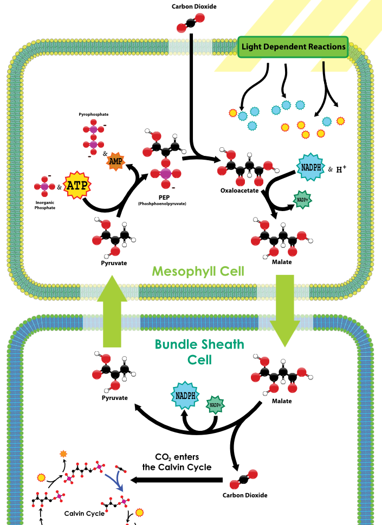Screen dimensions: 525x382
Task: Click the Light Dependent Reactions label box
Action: pos(293,47)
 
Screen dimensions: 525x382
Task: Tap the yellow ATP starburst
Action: pos(77,185)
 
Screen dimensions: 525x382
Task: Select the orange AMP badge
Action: pos(115,161)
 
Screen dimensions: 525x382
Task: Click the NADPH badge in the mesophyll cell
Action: pos(310,167)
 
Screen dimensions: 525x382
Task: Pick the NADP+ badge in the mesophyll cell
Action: pos(302,199)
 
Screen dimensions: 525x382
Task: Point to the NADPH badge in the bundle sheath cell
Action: pos(185,396)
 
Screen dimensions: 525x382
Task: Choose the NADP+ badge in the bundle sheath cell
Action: pos(215,405)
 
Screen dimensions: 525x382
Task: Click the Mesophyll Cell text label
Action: pos(198,271)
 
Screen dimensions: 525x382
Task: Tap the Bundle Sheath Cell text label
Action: pos(199,352)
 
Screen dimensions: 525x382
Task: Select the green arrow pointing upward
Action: pos(112,311)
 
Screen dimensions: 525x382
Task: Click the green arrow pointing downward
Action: pos(285,310)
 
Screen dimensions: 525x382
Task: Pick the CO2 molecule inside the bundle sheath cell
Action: pos(243,480)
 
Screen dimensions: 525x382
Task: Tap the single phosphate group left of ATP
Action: pos(44,186)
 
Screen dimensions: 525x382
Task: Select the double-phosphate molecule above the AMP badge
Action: pos(94,137)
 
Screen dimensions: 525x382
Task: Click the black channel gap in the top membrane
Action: pos(191,47)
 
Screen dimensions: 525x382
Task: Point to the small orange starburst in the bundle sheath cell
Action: pos(63,454)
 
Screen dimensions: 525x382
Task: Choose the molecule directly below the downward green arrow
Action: pos(282,373)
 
